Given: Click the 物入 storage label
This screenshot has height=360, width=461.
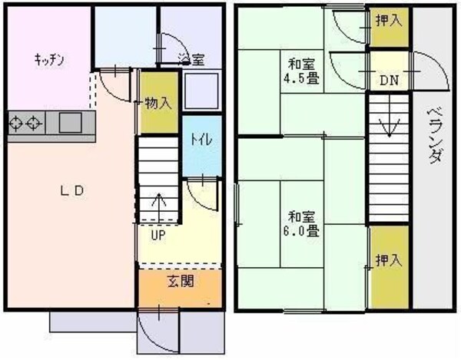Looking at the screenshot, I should click(157, 103).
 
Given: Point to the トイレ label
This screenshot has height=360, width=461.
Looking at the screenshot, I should click(202, 140).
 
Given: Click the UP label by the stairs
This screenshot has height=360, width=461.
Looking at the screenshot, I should click(158, 234).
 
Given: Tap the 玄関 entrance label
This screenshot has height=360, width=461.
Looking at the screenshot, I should click(180, 281).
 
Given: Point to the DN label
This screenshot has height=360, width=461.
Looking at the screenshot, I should click(387, 80).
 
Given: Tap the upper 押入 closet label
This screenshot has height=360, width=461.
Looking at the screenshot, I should click(388, 20).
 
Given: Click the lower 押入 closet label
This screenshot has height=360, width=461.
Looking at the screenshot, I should click(388, 260).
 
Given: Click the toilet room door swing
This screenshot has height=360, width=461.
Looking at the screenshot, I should click(197, 193).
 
